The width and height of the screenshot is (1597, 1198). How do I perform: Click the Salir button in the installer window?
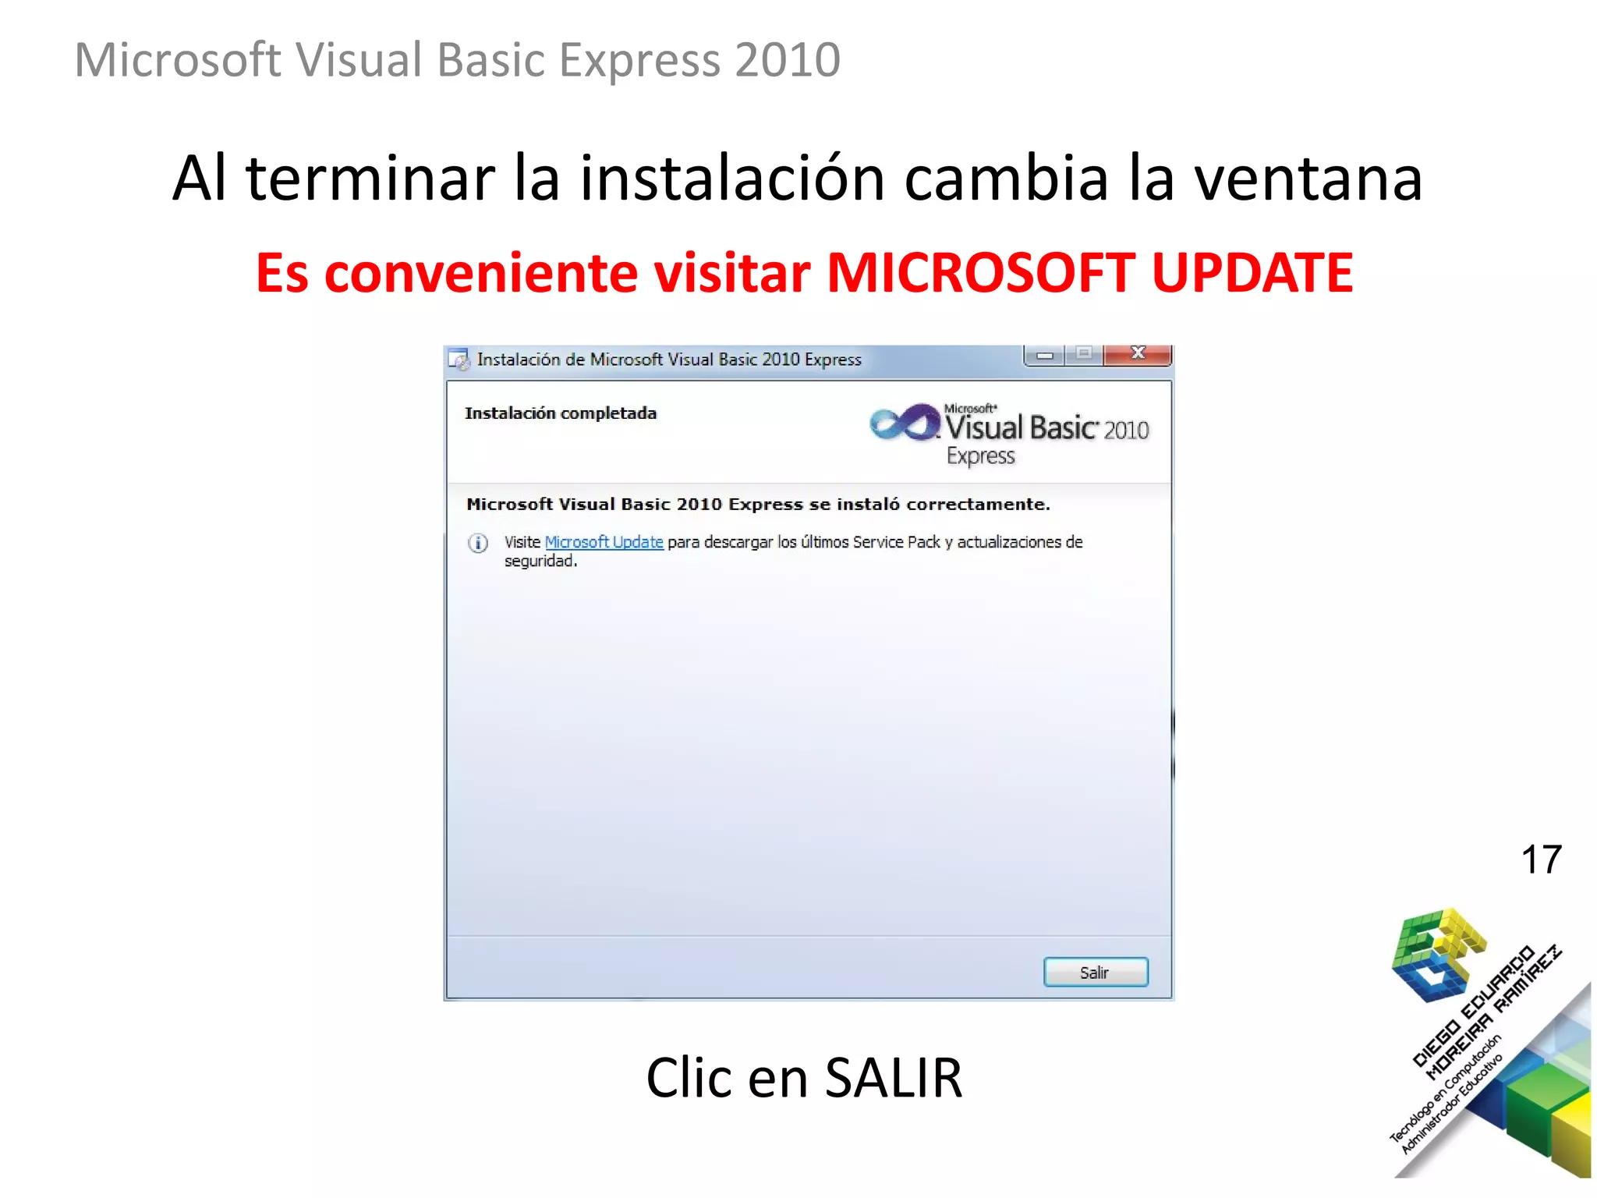coord(1095,973)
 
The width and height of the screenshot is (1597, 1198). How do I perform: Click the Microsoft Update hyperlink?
coord(604,542)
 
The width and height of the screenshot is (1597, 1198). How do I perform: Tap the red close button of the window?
coord(1138,354)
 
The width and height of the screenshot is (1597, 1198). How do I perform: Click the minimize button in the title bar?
coord(1045,356)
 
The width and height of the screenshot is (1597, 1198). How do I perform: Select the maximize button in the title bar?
coord(1084,354)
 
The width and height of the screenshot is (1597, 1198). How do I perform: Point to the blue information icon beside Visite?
coord(478,543)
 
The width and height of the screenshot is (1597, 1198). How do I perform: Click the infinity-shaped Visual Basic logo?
coord(905,423)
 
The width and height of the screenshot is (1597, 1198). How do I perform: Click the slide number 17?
coord(1541,860)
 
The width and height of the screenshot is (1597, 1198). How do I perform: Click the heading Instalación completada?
coord(561,413)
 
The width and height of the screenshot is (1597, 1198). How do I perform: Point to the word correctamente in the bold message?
coord(978,505)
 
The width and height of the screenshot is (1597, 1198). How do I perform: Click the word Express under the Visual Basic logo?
coord(981,456)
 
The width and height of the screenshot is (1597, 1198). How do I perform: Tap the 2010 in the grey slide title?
coord(787,60)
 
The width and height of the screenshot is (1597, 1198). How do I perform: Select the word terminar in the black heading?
coord(370,179)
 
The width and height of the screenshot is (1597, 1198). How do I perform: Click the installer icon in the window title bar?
coord(459,360)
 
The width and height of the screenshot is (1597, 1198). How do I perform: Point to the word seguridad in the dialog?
coord(540,562)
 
